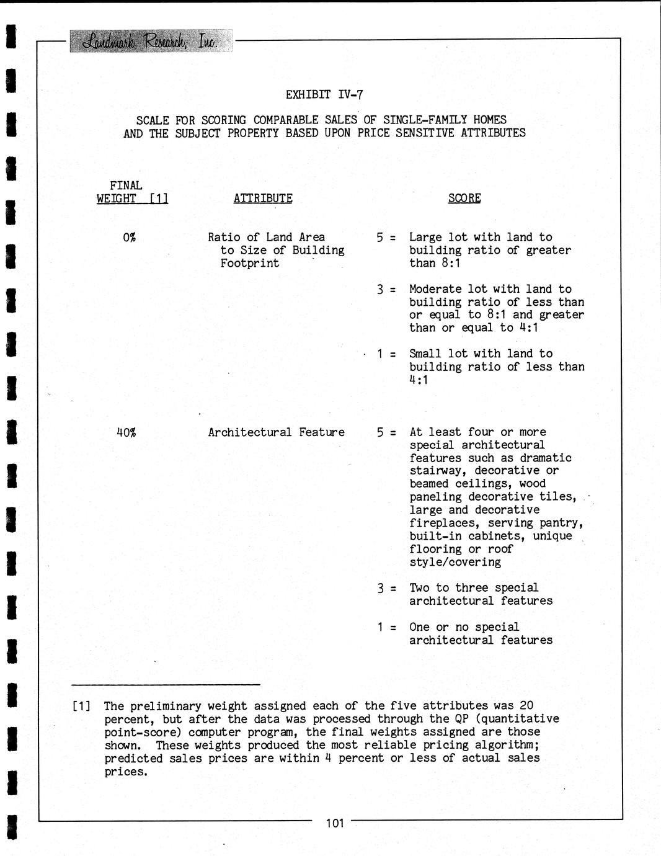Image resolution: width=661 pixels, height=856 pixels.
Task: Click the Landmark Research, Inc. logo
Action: (151, 42)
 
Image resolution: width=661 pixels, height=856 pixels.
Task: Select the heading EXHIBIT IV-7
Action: (324, 95)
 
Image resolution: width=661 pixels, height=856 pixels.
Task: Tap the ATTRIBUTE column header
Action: (263, 198)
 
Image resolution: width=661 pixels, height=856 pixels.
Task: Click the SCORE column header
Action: (464, 198)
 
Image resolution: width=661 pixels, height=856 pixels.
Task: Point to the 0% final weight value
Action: (129, 238)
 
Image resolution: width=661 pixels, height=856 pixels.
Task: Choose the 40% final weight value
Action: (126, 432)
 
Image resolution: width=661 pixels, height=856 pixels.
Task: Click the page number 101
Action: (334, 824)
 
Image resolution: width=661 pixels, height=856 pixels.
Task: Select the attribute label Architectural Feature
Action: (276, 432)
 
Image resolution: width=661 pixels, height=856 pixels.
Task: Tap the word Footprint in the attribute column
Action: (249, 264)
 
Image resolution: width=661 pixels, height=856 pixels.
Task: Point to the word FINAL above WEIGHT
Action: (126, 185)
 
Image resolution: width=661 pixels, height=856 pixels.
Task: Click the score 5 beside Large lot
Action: (379, 238)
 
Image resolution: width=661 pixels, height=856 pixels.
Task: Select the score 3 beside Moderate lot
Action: (379, 290)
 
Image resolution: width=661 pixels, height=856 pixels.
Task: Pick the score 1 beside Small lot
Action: (380, 354)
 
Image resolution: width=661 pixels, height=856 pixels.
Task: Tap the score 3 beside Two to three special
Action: (380, 588)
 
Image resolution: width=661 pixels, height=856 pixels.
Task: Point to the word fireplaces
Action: (441, 524)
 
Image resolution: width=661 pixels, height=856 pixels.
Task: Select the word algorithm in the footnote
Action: (505, 745)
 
